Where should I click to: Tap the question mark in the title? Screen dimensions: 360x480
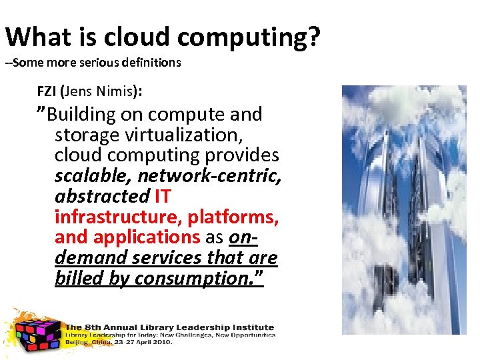pos(313,37)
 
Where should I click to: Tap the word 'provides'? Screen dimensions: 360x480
pos(242,155)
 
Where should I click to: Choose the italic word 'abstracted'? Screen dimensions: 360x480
pos(102,197)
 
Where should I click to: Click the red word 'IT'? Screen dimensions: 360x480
pos(163,197)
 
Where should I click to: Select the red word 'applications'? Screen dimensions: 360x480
pos(143,237)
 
